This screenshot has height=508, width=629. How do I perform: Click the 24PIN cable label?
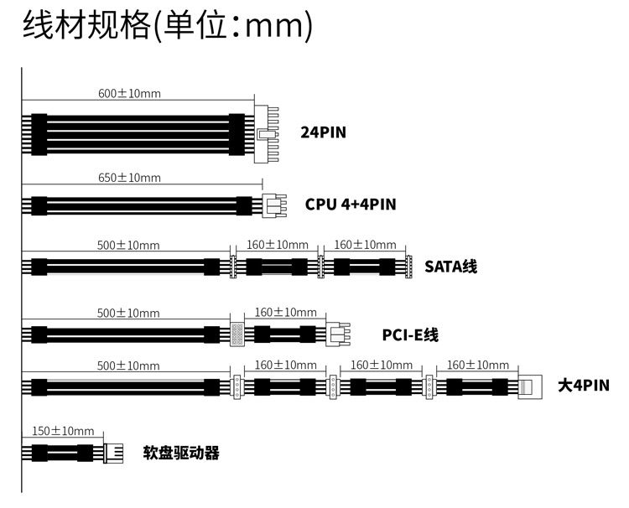click(x=323, y=132)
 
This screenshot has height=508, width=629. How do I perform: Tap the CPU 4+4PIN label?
click(x=351, y=204)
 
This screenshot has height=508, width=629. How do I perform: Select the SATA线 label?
click(x=450, y=267)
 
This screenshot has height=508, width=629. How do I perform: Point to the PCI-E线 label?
click(x=410, y=335)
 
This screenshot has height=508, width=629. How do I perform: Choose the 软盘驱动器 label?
click(x=181, y=454)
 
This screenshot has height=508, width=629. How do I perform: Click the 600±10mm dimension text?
click(x=129, y=93)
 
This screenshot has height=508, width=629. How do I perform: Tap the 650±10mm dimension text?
click(x=129, y=178)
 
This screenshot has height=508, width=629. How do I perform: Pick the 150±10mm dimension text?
click(x=63, y=431)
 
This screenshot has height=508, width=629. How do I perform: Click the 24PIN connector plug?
click(x=267, y=132)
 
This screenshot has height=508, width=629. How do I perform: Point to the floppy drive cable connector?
click(x=112, y=454)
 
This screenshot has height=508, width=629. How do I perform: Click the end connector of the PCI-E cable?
click(x=338, y=334)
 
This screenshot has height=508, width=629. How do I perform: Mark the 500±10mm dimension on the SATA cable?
click(x=128, y=245)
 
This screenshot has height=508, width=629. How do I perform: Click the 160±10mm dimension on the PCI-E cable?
click(x=285, y=312)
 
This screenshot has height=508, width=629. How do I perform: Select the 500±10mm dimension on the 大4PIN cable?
click(x=128, y=365)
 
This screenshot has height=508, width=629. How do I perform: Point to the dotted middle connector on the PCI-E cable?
click(x=237, y=334)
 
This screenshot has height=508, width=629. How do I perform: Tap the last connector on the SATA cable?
click(x=408, y=267)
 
